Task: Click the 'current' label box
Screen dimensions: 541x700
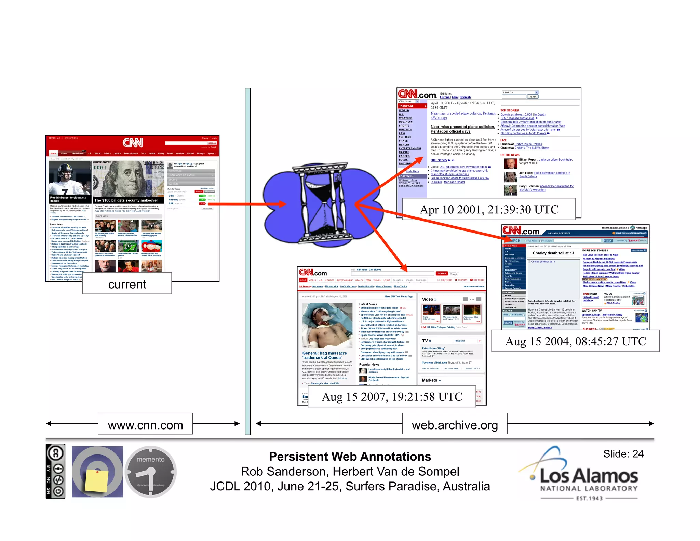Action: pyautogui.click(x=127, y=283)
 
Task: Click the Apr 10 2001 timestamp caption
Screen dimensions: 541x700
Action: pyautogui.click(x=489, y=209)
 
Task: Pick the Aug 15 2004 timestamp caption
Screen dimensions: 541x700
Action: pyautogui.click(x=575, y=341)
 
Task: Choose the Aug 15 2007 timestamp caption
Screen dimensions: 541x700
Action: pyautogui.click(x=392, y=396)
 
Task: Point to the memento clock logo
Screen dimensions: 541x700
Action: pyautogui.click(x=150, y=472)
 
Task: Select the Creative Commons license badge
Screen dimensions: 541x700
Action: pyautogui.click(x=55, y=472)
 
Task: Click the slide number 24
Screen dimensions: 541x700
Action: pyautogui.click(x=623, y=454)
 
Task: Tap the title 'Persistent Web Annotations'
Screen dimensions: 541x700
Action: pyautogui.click(x=350, y=457)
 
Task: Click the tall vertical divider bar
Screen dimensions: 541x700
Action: pyautogui.click(x=247, y=261)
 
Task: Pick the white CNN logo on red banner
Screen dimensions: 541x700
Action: pyautogui.click(x=133, y=143)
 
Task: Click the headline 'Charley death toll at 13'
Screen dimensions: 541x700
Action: pyautogui.click(x=553, y=253)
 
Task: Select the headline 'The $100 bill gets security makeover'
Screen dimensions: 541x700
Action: pyautogui.click(x=126, y=200)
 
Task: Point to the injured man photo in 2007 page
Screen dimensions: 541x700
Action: pyautogui.click(x=327, y=326)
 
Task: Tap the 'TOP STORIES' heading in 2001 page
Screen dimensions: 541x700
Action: pyautogui.click(x=509, y=110)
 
